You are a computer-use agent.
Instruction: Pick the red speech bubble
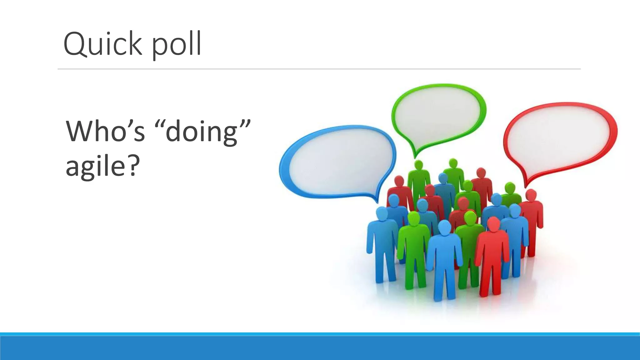559,137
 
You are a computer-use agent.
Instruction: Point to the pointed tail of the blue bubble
376,200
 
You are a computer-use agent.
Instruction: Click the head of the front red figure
493,224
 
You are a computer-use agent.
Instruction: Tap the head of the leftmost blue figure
382,214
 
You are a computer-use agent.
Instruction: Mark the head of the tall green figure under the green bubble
418,165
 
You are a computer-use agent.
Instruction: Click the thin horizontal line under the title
319,69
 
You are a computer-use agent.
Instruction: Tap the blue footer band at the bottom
320,347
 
